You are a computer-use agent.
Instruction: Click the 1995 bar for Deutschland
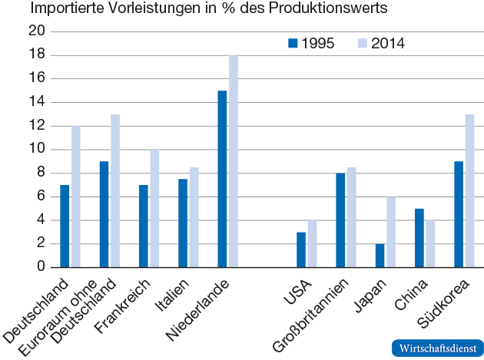coord(65,226)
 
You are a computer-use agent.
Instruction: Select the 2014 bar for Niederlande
coord(232,161)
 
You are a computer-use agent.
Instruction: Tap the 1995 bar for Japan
coord(380,255)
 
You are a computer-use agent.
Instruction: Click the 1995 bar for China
coord(419,237)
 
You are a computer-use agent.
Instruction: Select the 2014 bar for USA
coord(311,243)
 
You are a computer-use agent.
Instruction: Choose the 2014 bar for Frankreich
coord(154,208)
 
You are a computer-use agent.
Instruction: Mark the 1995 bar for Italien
coord(183,223)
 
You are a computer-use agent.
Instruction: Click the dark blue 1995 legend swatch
coord(292,43)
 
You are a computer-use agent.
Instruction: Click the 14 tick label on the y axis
coord(36,102)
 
